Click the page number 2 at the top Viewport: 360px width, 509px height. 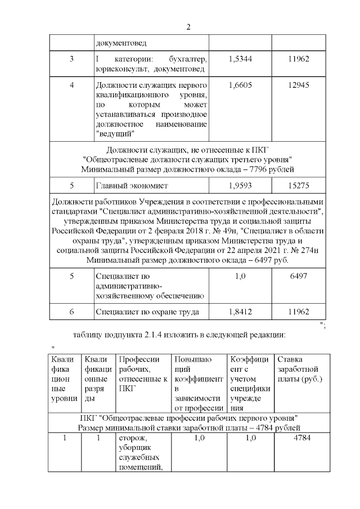click(188, 27)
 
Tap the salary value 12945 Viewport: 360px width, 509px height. click(298, 84)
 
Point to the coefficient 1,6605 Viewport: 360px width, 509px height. click(240, 84)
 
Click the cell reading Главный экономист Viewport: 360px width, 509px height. click(132, 185)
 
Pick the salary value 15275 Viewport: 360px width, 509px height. click(298, 185)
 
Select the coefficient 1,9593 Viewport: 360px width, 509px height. click(240, 185)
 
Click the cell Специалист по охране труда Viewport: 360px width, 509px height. click(147, 312)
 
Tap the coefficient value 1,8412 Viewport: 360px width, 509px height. click(240, 312)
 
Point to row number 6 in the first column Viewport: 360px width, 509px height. click(71, 312)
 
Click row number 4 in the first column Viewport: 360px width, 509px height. click(71, 84)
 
